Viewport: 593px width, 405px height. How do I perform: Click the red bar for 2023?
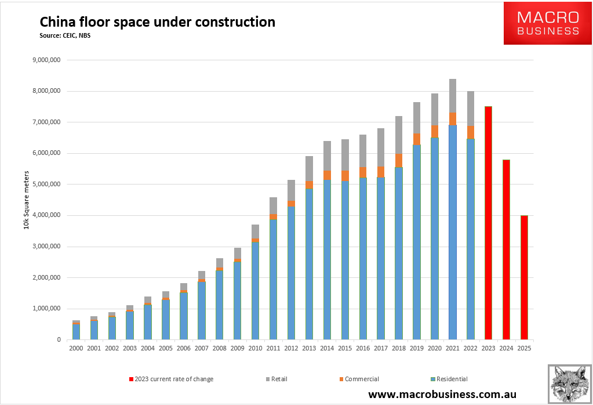point(488,223)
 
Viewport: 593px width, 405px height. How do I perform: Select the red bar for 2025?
point(524,277)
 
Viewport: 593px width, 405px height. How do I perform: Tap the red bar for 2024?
point(506,249)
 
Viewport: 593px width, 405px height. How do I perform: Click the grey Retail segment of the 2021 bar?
point(453,96)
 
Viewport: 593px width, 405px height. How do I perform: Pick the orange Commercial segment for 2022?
point(471,132)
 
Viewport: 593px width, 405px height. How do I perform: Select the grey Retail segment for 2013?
point(309,168)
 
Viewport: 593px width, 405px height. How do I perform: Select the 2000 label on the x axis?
point(75,349)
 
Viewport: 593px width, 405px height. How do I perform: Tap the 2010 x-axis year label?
point(255,349)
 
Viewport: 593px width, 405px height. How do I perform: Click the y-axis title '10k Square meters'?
point(26,200)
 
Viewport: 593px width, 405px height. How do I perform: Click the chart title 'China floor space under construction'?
point(157,23)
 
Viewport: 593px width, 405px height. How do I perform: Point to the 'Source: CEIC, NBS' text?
point(65,35)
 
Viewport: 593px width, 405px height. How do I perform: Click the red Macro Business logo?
point(547,23)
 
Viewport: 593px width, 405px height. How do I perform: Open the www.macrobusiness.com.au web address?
point(442,395)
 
